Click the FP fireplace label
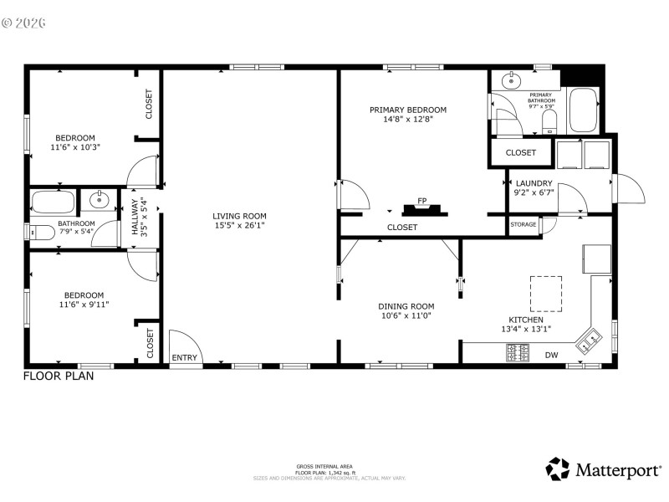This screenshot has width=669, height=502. [422, 201]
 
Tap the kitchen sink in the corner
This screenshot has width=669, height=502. [588, 339]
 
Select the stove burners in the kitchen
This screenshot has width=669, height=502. [517, 352]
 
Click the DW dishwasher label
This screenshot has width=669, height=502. [552, 355]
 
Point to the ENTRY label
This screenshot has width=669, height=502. [185, 358]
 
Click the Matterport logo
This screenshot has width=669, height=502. [603, 470]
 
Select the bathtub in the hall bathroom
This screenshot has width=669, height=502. [54, 202]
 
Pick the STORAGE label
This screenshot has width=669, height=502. [523, 224]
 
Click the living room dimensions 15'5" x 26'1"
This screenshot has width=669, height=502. [239, 226]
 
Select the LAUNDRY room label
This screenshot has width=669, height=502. [534, 183]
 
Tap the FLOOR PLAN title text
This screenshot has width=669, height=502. [59, 376]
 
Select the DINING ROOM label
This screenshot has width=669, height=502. [407, 306]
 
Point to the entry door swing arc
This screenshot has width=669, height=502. [184, 343]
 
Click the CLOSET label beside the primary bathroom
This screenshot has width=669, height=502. [521, 152]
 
